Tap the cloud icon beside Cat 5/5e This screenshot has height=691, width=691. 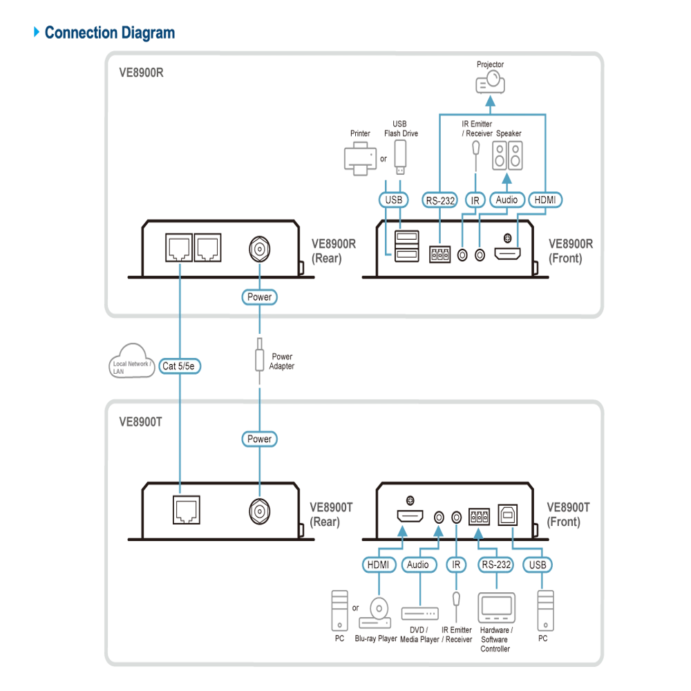tap(131, 365)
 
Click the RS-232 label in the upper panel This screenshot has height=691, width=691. tap(440, 200)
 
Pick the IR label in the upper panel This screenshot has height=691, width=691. tap(474, 200)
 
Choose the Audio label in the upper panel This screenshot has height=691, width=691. tap(507, 200)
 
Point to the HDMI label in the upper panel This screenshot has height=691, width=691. tap(546, 200)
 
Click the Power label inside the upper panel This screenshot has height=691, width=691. tap(259, 297)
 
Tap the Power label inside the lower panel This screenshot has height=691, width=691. tap(259, 439)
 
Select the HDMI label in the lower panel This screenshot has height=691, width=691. tap(379, 565)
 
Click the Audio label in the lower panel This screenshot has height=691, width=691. tap(418, 565)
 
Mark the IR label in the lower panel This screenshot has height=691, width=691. tap(455, 565)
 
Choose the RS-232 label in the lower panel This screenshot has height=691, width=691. tap(496, 565)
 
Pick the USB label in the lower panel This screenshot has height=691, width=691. tap(538, 565)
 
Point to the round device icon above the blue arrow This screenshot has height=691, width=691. tap(489, 86)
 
